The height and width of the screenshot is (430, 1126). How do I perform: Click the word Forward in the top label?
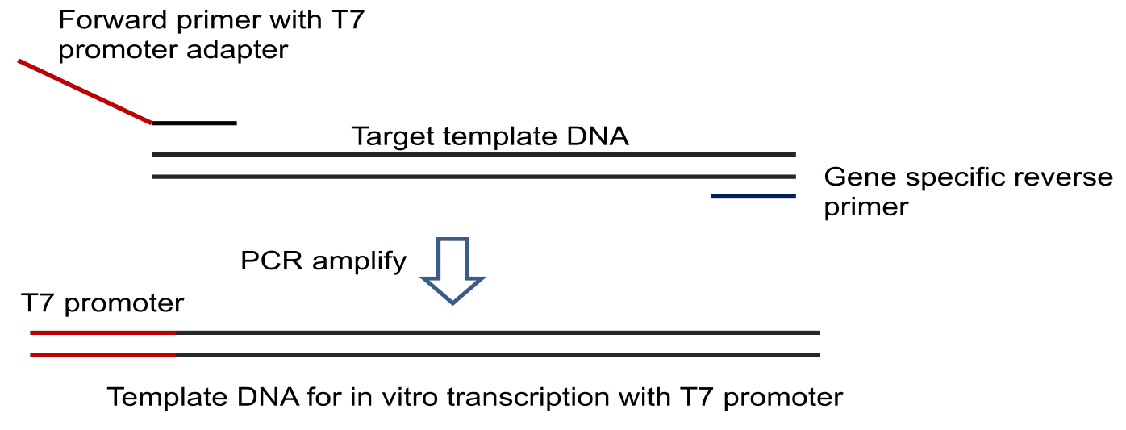coord(113,20)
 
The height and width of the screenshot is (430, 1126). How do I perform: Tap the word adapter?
coord(237,50)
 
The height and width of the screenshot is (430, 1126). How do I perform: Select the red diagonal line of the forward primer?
coord(85,91)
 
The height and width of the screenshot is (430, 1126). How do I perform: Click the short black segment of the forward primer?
coord(194,123)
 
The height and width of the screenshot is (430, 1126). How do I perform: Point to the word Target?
coord(392,136)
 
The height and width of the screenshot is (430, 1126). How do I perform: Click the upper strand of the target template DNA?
coord(473,154)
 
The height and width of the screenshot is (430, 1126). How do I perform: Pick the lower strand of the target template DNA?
coord(473,177)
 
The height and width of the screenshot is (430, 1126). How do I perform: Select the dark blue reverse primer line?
coord(753,196)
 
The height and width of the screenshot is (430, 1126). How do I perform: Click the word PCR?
coord(272,261)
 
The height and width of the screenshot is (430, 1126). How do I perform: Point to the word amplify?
coord(359,261)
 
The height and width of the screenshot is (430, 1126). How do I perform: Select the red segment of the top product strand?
coord(103,332)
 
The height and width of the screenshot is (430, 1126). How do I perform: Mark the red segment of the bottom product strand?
coord(103,354)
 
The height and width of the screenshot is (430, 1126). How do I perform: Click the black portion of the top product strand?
coord(498,332)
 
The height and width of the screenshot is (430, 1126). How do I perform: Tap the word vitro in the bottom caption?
coord(410,397)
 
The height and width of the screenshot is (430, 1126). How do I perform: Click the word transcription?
coord(559,398)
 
